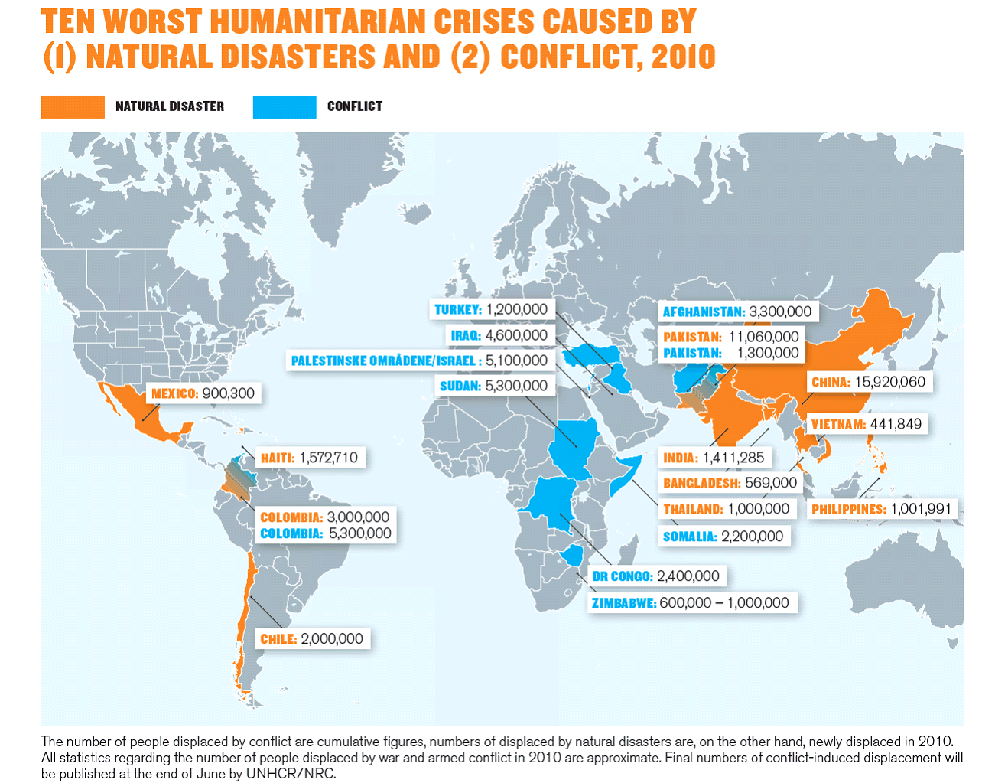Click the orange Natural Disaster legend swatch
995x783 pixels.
pos(73,107)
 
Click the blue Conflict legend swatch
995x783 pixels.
pos(284,107)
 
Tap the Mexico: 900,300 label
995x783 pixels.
pos(203,393)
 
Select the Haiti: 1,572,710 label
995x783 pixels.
pos(309,458)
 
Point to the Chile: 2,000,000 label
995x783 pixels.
pos(311,638)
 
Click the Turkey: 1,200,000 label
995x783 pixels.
pos(491,309)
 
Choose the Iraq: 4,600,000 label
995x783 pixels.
pos(499,335)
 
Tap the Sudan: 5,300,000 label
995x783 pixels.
pos(493,386)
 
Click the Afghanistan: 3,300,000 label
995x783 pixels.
pos(736,312)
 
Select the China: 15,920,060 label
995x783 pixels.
pos(868,382)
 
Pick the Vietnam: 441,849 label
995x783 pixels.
pos(866,424)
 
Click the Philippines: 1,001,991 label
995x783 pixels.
pos(881,509)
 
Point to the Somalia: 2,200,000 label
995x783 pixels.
pos(723,537)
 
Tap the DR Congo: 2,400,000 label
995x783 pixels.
pos(655,576)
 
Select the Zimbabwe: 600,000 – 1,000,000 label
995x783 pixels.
pos(690,602)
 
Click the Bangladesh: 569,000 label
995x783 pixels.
pos(730,483)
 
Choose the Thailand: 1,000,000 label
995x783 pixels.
pos(726,509)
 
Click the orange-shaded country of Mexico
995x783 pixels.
pos(138,409)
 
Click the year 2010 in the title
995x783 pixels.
pos(683,57)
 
